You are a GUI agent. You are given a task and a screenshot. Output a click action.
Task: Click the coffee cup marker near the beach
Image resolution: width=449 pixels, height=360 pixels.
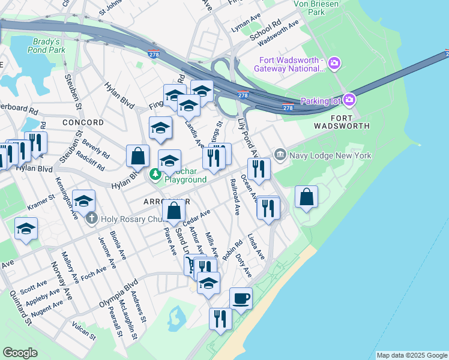(x=241, y=298)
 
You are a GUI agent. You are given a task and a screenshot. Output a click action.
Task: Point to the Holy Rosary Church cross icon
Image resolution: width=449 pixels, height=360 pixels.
(x=91, y=218)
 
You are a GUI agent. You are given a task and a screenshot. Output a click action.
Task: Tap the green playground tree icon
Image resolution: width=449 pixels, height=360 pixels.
(x=155, y=175)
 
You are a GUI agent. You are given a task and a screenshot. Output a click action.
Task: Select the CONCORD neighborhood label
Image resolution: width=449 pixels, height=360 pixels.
(x=82, y=122)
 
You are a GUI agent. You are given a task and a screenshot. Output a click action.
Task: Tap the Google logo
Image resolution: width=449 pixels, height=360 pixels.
(x=20, y=353)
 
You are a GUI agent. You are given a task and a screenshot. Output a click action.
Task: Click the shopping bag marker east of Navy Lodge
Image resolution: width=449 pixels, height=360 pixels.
(x=306, y=196)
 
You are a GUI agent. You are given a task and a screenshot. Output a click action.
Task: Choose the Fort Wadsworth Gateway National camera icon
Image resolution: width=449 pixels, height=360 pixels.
(x=334, y=62)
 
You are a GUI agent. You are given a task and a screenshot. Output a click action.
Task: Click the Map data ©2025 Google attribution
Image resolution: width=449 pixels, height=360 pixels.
(x=411, y=355)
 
